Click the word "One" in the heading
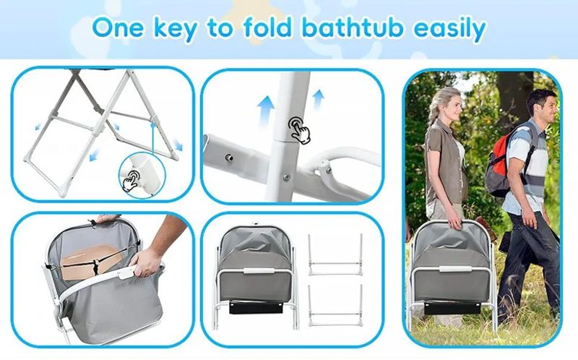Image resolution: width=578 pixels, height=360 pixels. coord(118,27)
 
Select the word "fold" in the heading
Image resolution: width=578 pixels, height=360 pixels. coord(267,27)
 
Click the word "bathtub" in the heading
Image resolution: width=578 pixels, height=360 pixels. coord(353,27)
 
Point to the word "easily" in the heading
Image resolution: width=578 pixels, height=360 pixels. coord(449,30)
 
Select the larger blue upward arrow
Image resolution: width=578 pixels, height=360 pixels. coord(266,111)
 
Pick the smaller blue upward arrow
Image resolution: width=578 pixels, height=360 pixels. coord(318,99)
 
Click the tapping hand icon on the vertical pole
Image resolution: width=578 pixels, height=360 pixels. coord(299,130)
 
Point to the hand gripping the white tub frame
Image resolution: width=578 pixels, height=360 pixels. coord(147,262)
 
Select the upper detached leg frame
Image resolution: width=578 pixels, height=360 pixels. coord(335,255)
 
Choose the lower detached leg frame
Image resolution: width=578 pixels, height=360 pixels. coord(335,305)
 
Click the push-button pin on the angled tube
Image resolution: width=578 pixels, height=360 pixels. coord(230,158)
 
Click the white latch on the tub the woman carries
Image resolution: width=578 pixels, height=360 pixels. coord(455,269)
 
